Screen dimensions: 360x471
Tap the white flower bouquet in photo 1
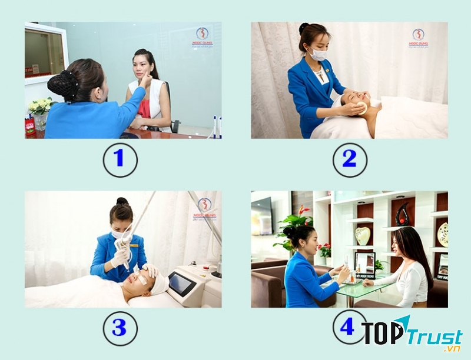(x=41, y=106)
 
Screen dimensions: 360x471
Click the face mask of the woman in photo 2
(x=317, y=55)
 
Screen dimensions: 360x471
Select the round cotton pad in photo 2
(x=360, y=108)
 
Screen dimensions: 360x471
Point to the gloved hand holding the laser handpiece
(x=121, y=258)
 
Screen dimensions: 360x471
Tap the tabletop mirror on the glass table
(x=365, y=265)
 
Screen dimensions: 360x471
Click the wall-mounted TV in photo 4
(x=261, y=215)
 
